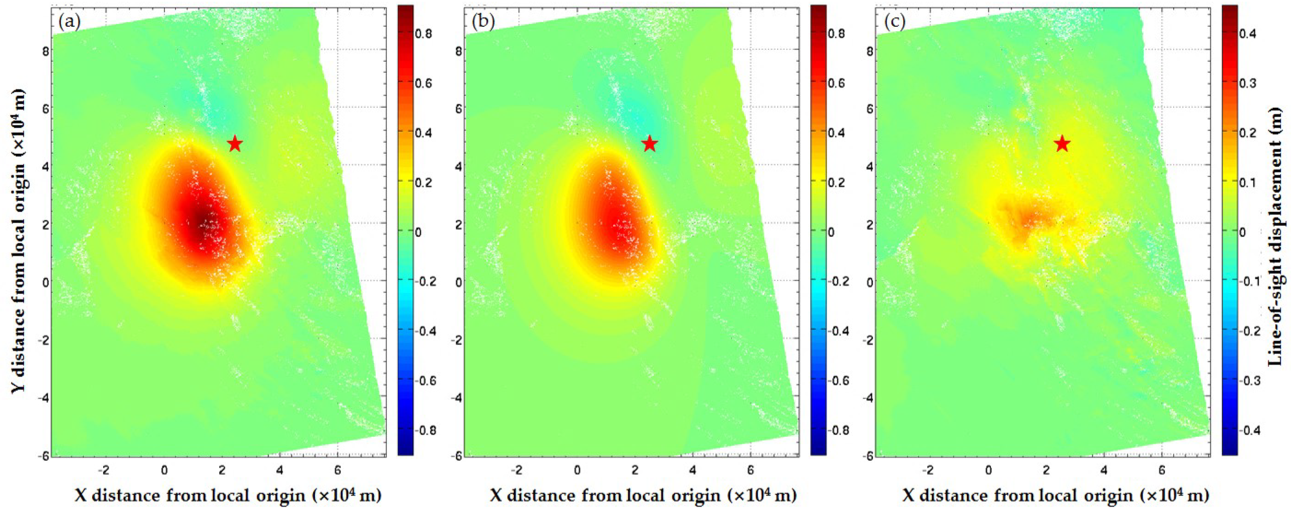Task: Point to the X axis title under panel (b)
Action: (643, 495)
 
